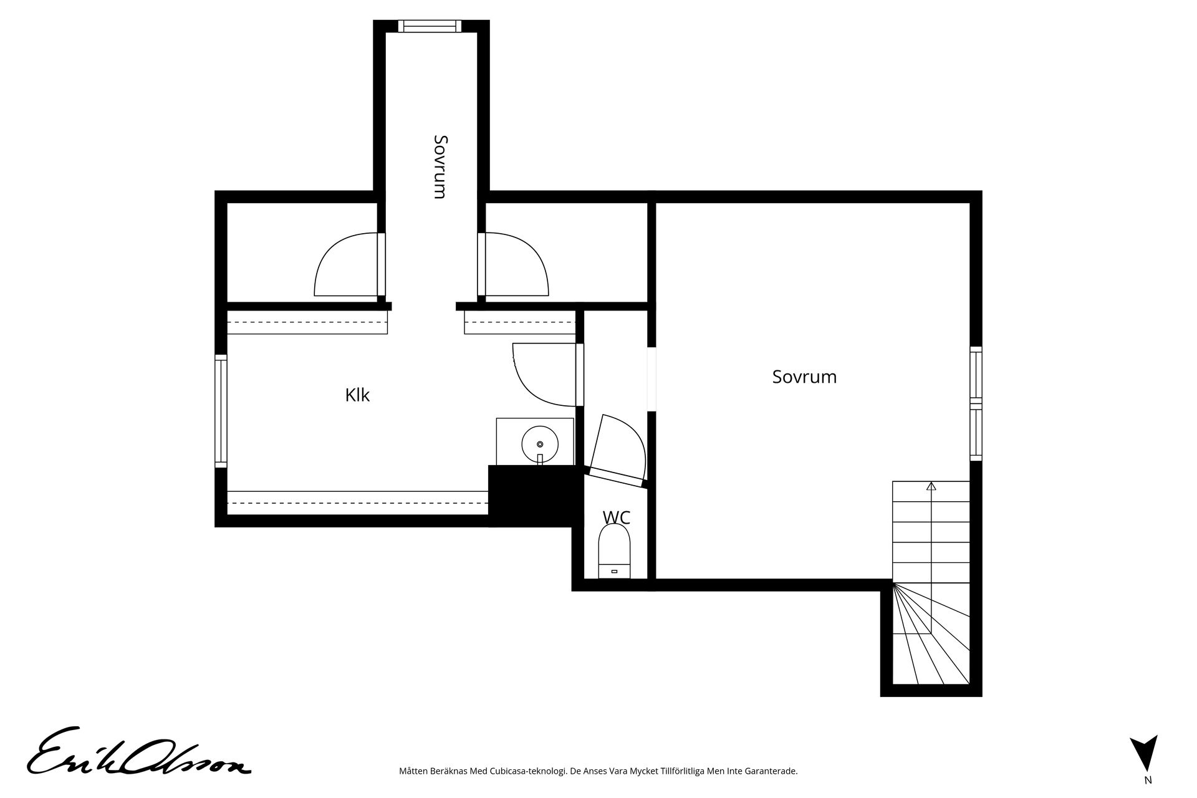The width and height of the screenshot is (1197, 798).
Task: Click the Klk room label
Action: pos(357,395)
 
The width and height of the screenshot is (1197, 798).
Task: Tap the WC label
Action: pos(616,517)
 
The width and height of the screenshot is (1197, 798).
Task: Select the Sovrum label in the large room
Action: pos(804,377)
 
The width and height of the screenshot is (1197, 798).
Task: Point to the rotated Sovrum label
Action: pos(440,166)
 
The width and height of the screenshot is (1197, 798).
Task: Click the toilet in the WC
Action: pos(615,551)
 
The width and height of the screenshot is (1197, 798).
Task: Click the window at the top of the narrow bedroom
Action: pos(430,26)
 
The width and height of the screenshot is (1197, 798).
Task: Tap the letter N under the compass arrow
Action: pos(1148,780)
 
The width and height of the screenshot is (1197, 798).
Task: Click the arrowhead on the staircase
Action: pos(931,486)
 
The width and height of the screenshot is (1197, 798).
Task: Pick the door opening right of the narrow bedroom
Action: pos(515,264)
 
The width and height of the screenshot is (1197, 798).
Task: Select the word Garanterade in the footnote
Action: pos(774,771)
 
